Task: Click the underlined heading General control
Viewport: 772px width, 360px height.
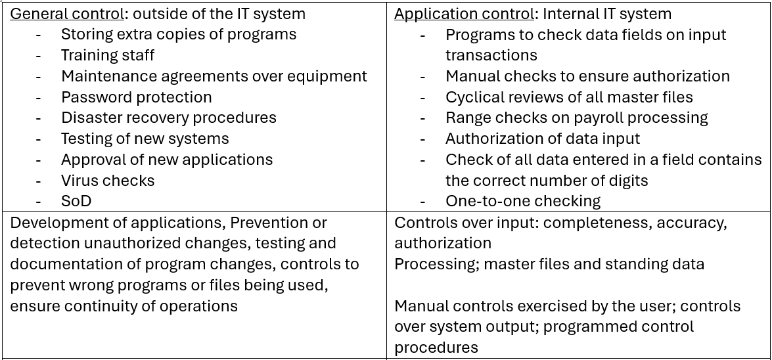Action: point(67,14)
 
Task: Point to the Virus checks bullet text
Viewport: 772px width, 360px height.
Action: point(108,180)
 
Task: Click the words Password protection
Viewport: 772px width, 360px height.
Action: point(137,97)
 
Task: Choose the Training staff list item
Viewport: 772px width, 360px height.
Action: point(108,55)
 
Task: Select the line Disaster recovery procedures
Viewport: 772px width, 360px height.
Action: point(168,118)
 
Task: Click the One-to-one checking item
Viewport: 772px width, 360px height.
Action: point(523,201)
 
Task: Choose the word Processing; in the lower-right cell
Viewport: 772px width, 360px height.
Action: point(437,264)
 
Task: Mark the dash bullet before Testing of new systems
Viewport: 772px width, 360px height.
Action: point(38,139)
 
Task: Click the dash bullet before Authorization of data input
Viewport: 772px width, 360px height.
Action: point(423,139)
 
